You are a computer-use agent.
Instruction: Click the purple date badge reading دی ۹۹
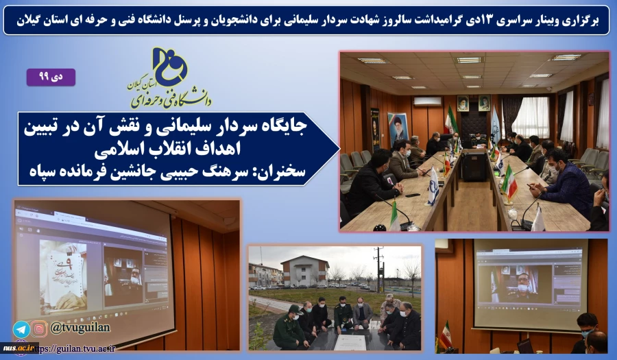point(51,77)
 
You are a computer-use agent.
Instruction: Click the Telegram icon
point(21,329)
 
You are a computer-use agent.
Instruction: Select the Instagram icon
point(39,329)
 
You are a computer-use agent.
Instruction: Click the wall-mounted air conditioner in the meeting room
point(428,101)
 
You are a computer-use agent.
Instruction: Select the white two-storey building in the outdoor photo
point(306,270)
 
